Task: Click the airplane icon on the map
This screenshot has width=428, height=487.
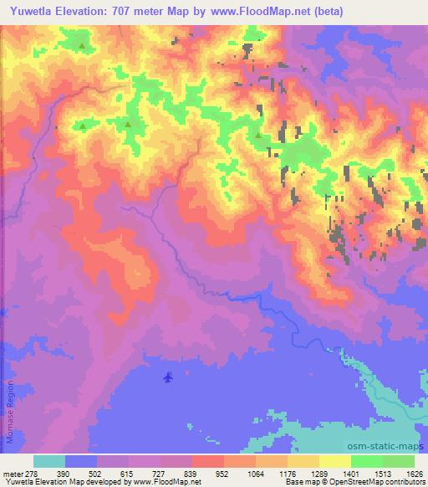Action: pyautogui.click(x=168, y=377)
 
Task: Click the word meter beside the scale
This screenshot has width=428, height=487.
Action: pyautogui.click(x=13, y=474)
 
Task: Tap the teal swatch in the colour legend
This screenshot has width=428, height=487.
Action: pyautogui.click(x=49, y=461)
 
